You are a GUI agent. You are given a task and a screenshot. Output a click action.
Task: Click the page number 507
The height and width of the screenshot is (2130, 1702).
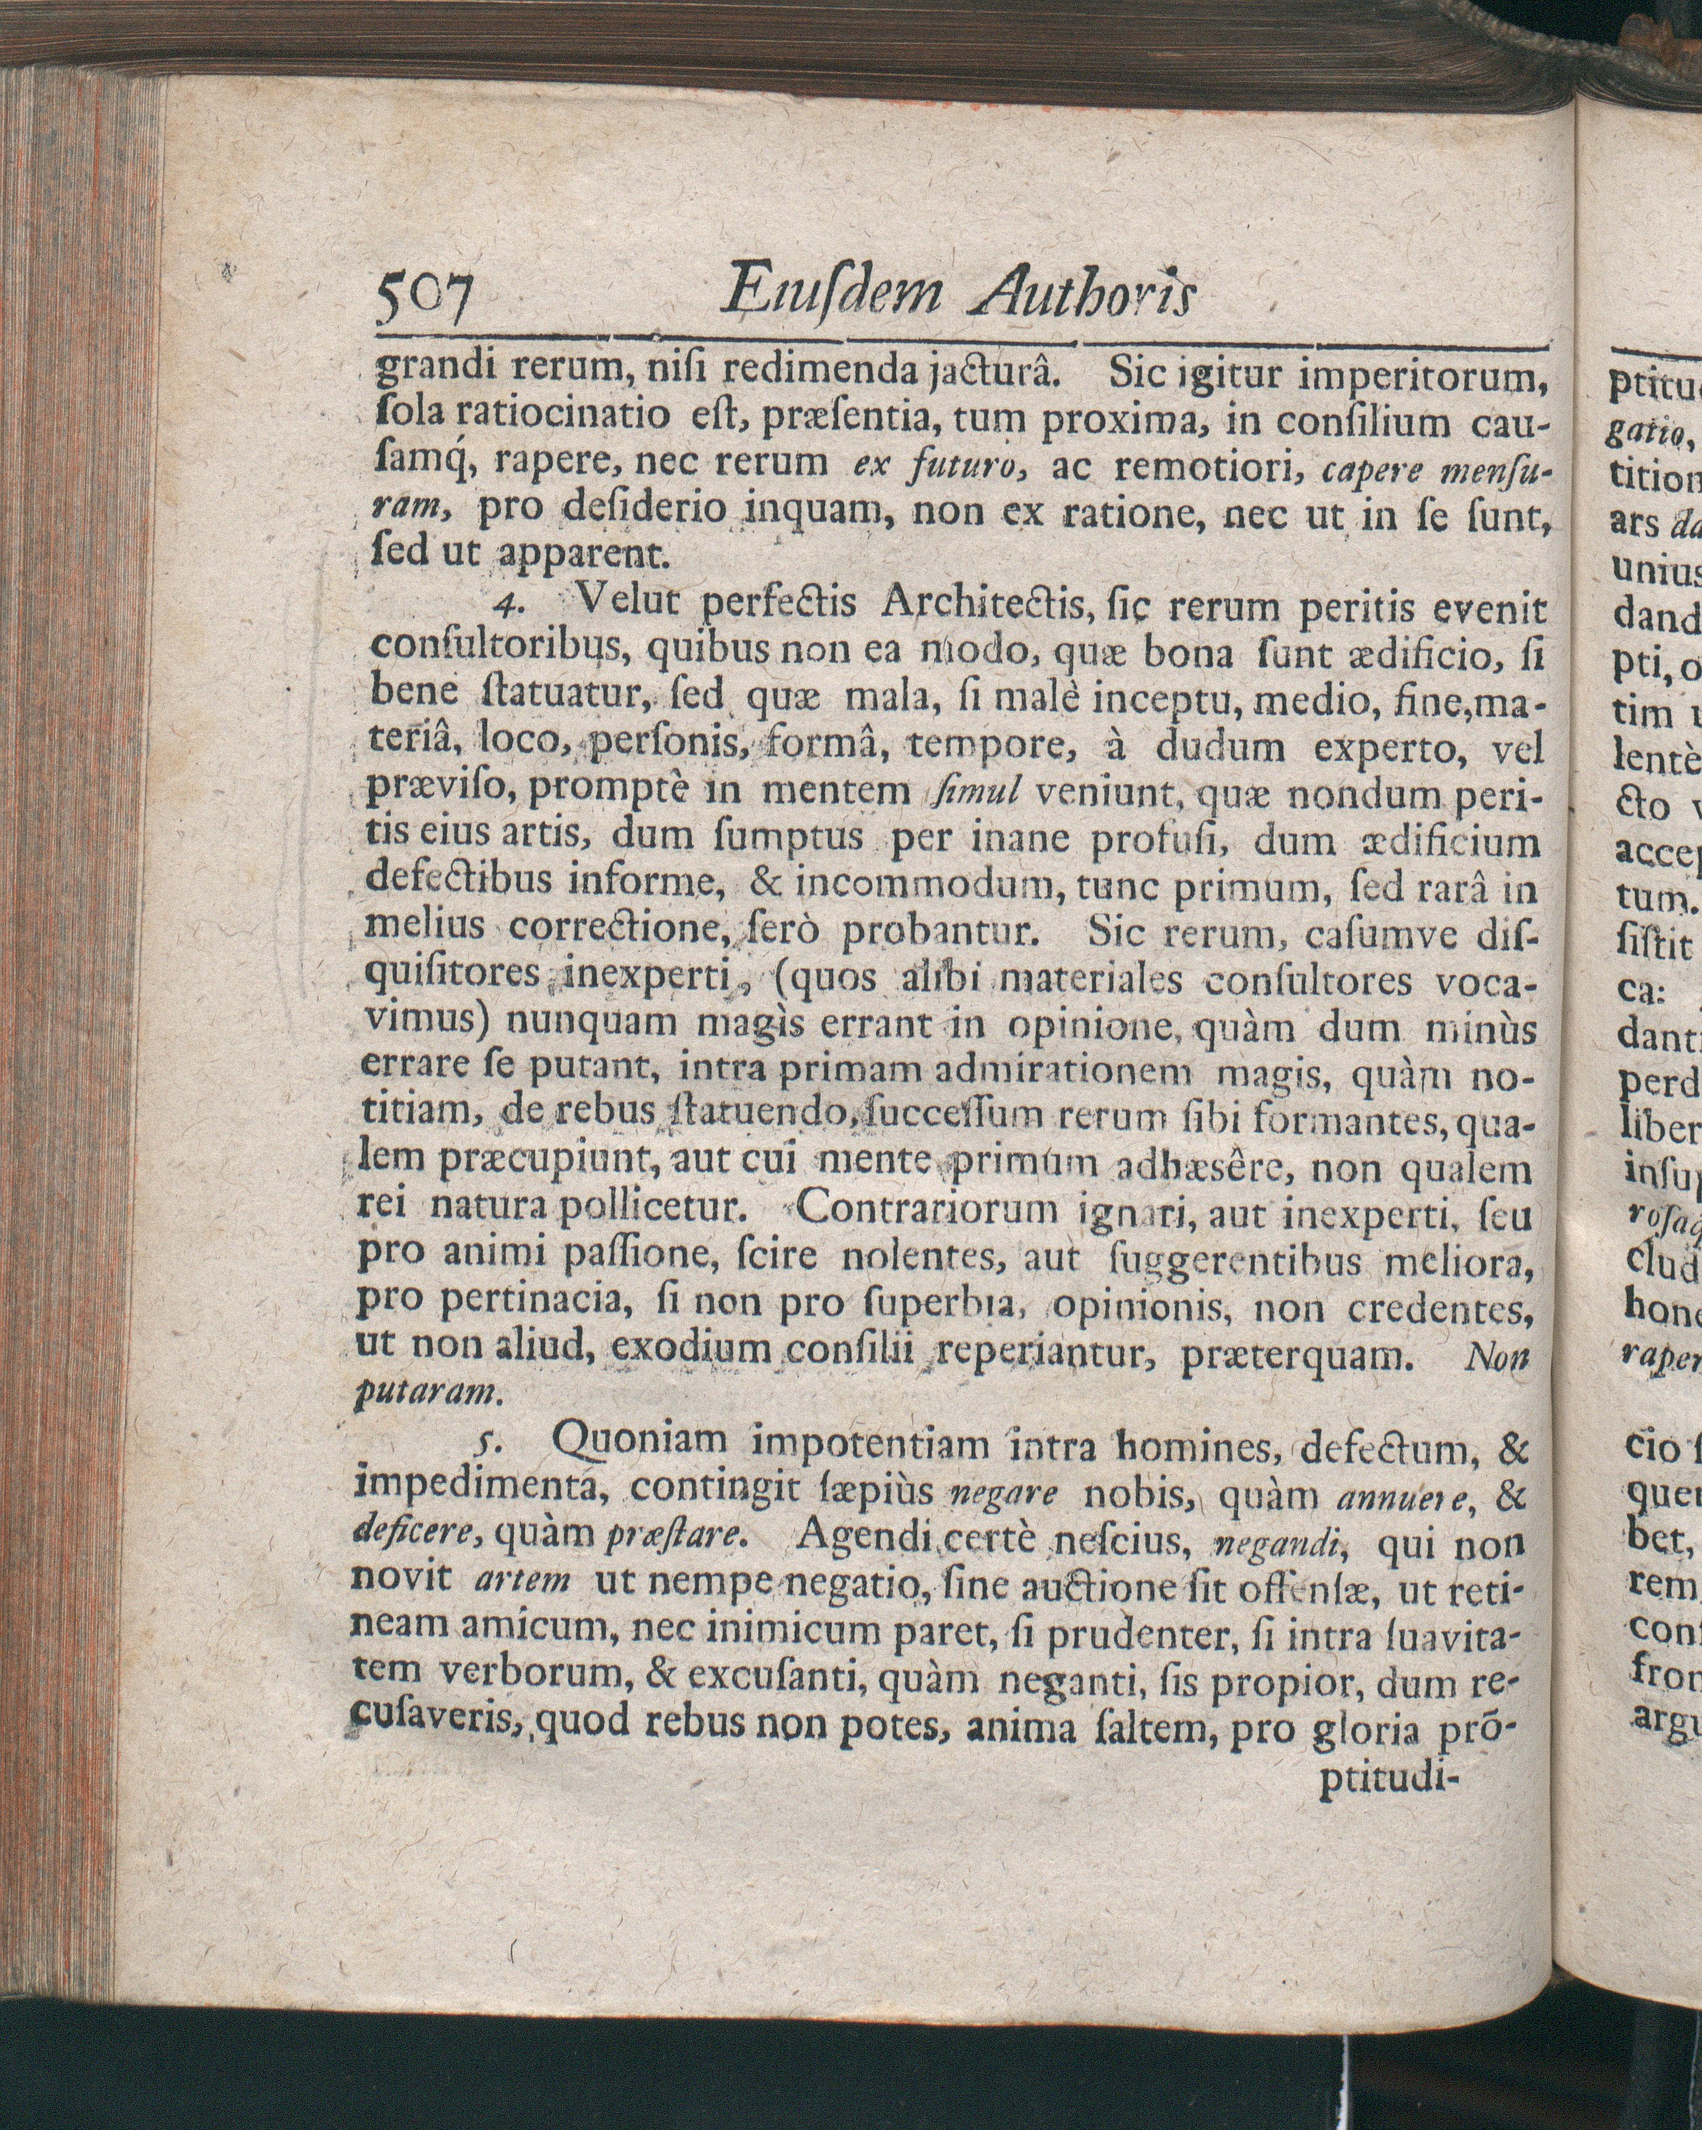point(423,294)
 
